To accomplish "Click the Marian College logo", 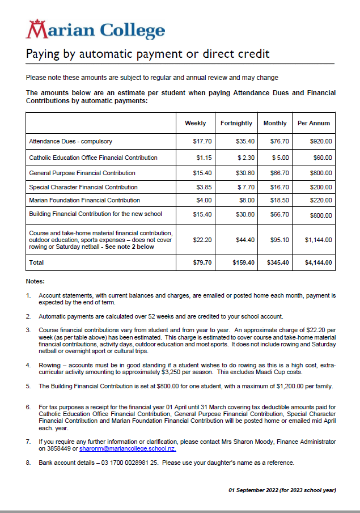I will coord(96,29).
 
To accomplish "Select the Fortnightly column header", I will coord(236,123).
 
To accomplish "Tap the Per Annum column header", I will coord(314,123).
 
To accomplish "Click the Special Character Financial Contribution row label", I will coord(83,187).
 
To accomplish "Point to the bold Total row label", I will coord(36,263).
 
